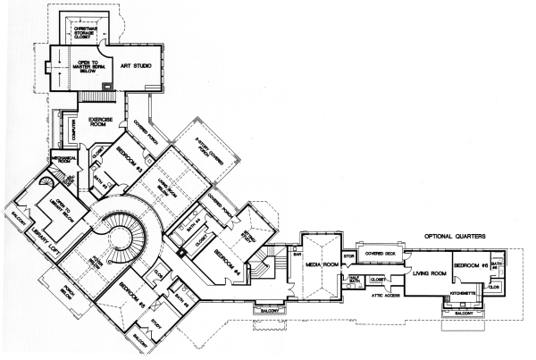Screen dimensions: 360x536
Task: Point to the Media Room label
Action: pos(322,265)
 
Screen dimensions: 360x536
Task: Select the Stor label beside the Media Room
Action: pos(350,256)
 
